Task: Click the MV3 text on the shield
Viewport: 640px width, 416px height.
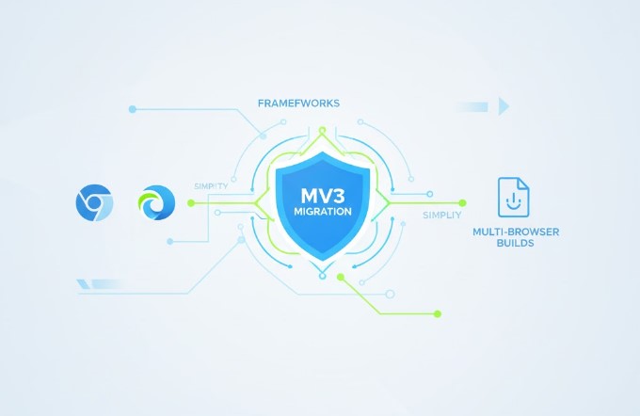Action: click(x=323, y=196)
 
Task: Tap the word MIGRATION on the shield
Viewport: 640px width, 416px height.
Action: click(x=323, y=212)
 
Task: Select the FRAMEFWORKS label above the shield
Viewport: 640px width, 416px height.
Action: click(x=298, y=104)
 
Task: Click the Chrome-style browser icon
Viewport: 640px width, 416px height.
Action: click(x=94, y=203)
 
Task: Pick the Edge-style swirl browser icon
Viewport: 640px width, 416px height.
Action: click(x=157, y=203)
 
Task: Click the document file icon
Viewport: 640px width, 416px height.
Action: click(x=514, y=198)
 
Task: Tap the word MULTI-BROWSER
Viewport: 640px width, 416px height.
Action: click(x=516, y=232)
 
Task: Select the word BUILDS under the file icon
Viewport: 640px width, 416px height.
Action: click(x=516, y=244)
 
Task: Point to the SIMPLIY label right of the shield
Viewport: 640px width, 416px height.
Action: click(x=442, y=216)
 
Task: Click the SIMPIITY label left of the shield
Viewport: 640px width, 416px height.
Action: click(x=211, y=186)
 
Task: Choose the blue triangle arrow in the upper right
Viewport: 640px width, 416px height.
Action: click(x=504, y=106)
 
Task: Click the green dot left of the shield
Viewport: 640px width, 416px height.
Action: click(x=191, y=203)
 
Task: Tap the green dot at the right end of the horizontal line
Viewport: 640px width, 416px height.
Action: click(x=462, y=203)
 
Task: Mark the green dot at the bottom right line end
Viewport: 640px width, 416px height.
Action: click(x=438, y=314)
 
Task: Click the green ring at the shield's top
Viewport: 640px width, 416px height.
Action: click(x=323, y=131)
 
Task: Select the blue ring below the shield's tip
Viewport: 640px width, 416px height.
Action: click(x=323, y=276)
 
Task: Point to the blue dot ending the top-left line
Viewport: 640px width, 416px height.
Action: click(x=133, y=109)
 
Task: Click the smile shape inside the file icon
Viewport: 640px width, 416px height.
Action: click(x=513, y=201)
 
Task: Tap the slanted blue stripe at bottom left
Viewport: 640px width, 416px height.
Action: click(x=83, y=284)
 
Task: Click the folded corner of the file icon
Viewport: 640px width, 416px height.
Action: click(x=523, y=184)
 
